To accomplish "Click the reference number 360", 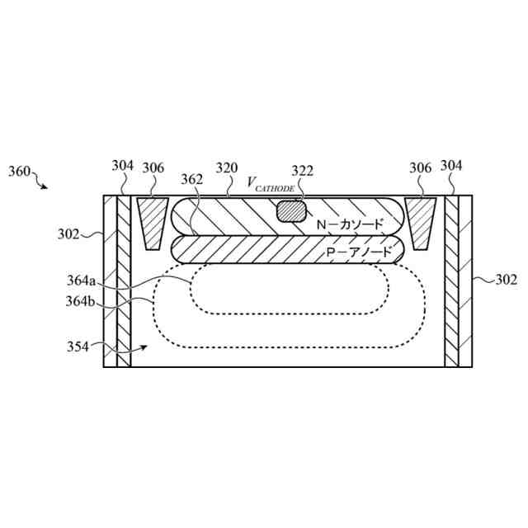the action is [x=20, y=172].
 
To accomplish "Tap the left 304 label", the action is [x=122, y=166].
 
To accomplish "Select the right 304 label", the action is [x=450, y=166].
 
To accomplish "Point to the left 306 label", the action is [x=153, y=167].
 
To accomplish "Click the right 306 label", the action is [x=421, y=167].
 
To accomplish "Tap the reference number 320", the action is [x=227, y=167].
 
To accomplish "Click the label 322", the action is [x=303, y=171].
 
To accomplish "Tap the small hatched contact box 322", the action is [x=290, y=211].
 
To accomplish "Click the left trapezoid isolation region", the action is [x=151, y=222].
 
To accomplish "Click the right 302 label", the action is [x=506, y=280].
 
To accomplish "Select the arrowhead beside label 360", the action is [x=45, y=186].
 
